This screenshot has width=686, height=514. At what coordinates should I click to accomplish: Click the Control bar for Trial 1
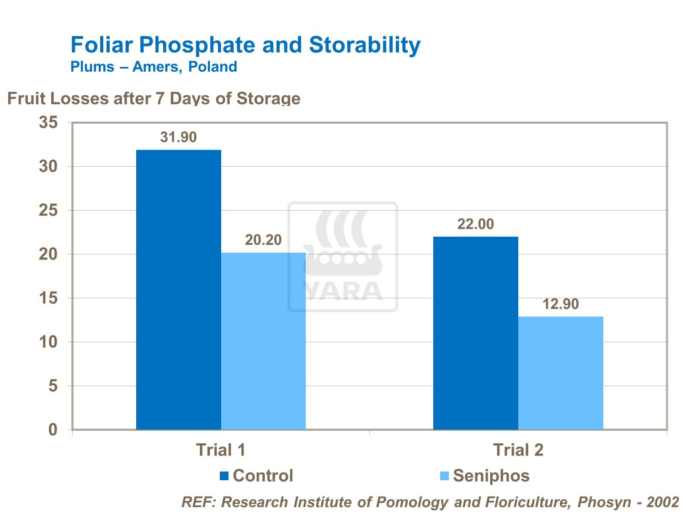pyautogui.click(x=178, y=290)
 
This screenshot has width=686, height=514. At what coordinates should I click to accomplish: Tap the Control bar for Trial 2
pyautogui.click(x=475, y=333)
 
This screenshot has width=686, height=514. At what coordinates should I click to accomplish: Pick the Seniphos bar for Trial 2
pyautogui.click(x=560, y=373)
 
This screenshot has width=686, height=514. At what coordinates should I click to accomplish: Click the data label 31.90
pyautogui.click(x=178, y=137)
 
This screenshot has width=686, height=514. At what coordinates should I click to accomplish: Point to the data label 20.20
pyautogui.click(x=263, y=240)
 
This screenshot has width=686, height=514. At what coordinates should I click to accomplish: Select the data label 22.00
pyautogui.click(x=475, y=224)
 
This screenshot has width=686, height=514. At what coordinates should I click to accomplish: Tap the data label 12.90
pyautogui.click(x=560, y=304)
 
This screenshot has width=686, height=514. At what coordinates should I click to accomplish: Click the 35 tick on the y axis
pyautogui.click(x=48, y=122)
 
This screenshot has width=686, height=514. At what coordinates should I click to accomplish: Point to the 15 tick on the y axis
pyautogui.click(x=48, y=298)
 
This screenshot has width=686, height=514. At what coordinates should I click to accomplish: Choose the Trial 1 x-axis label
pyautogui.click(x=221, y=450)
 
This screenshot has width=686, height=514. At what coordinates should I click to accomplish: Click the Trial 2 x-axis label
pyautogui.click(x=518, y=450)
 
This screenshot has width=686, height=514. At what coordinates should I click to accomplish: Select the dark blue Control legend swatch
pyautogui.click(x=224, y=476)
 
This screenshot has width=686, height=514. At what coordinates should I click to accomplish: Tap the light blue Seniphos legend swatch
pyautogui.click(x=444, y=476)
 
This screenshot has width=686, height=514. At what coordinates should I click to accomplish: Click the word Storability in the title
pyautogui.click(x=364, y=45)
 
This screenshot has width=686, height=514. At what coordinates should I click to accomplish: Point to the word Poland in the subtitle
pyautogui.click(x=213, y=67)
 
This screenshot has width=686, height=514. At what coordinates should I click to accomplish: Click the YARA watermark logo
pyautogui.click(x=343, y=257)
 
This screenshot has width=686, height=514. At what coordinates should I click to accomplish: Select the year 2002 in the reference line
pyautogui.click(x=663, y=502)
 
